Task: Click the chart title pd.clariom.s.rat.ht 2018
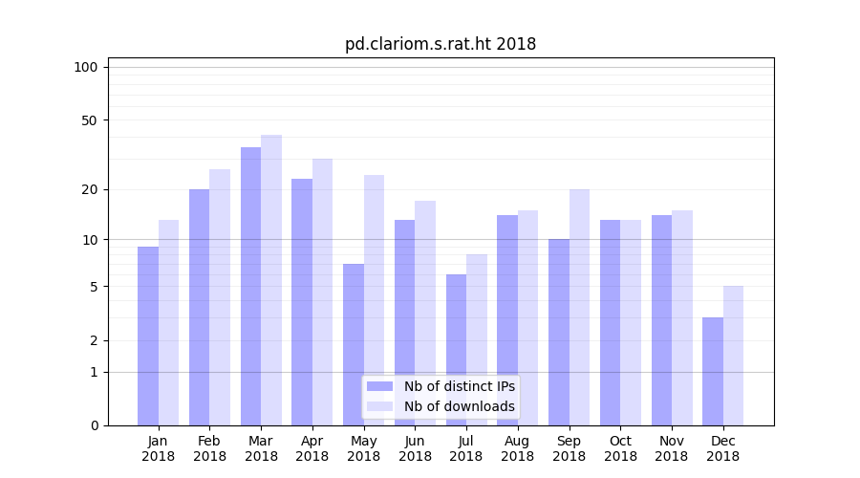[441, 44]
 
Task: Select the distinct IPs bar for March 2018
[250, 286]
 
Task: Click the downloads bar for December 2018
[733, 356]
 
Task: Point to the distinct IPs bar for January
[148, 336]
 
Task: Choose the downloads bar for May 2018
[374, 300]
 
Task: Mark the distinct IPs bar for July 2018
[456, 350]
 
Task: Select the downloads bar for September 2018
[579, 307]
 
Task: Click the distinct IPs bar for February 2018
[199, 307]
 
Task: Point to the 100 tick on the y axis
[86, 67]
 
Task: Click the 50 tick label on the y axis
[89, 120]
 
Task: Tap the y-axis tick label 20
[89, 189]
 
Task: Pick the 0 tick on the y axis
[94, 425]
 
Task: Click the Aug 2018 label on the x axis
[518, 448]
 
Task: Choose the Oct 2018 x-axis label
[620, 448]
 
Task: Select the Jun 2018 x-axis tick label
[415, 448]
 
